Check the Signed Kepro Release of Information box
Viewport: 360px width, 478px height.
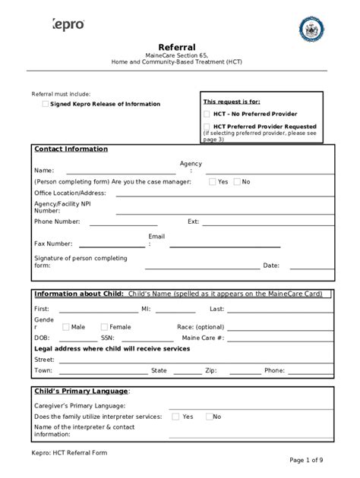(46, 104)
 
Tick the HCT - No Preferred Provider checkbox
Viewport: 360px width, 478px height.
(207, 114)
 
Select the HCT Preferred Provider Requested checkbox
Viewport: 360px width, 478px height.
(207, 127)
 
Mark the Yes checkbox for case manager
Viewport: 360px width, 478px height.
(211, 182)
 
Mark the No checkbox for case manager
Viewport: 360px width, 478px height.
(237, 182)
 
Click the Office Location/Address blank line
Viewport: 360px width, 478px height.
(224, 194)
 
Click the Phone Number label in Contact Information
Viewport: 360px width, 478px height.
(57, 222)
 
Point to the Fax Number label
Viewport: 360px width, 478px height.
(53, 244)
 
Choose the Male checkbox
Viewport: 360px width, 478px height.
(65, 327)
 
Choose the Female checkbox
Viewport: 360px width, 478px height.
(103, 327)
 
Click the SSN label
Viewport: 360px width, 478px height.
(108, 338)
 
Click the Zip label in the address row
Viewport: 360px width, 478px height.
(210, 370)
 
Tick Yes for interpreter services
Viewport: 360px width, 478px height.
(175, 417)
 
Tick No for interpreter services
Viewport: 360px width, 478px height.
(207, 417)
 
